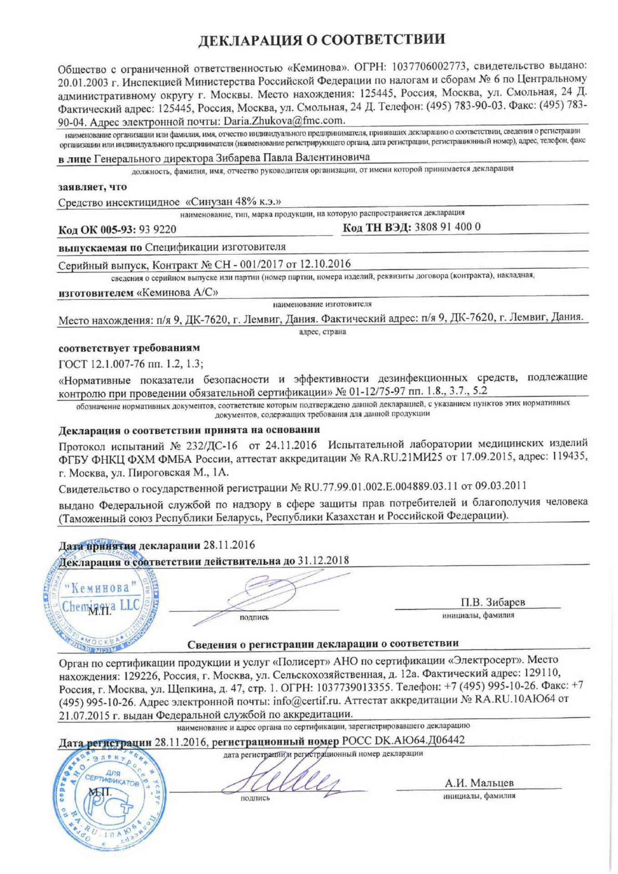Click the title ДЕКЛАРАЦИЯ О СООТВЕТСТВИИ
pos(322,40)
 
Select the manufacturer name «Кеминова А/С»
pos(177,293)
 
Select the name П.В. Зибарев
pos(493,602)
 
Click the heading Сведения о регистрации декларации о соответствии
pos(323,644)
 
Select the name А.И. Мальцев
pos(479,783)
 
